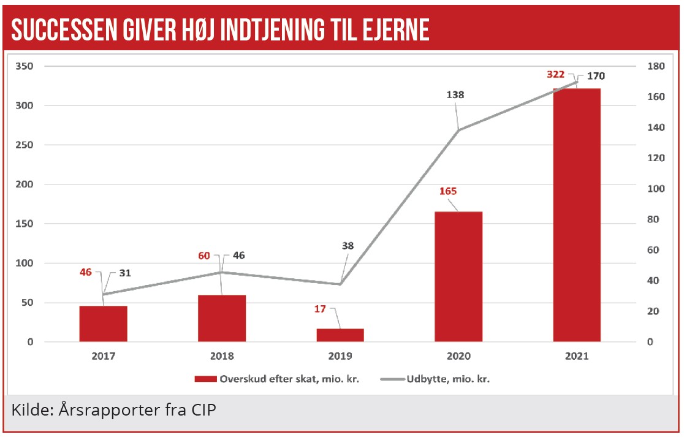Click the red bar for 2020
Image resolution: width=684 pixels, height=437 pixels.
458,276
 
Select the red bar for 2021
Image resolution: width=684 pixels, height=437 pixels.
577,215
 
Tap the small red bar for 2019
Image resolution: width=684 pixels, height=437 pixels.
340,335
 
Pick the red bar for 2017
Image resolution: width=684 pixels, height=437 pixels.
103,324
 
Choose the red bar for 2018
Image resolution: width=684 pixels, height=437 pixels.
222,318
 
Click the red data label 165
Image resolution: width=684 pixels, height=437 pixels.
448,191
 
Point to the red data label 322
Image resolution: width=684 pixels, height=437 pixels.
556,75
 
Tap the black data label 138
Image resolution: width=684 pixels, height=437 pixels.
455,95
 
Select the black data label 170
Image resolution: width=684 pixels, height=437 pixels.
596,76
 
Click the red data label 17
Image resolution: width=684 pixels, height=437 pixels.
321,309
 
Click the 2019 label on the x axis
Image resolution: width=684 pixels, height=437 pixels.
340,356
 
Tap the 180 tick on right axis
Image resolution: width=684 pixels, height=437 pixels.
656,66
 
